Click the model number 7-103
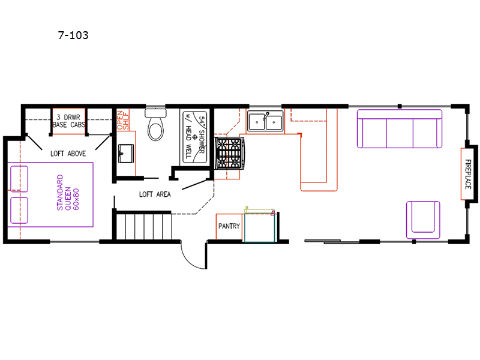(73, 35)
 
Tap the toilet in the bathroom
(155, 125)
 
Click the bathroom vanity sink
(126, 154)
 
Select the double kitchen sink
(265, 121)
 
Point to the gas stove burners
(229, 153)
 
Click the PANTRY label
(229, 226)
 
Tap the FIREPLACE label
(468, 174)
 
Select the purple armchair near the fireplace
(423, 220)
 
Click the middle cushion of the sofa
(400, 133)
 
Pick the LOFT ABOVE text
(68, 154)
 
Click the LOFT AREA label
(155, 194)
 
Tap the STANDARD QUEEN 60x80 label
(68, 192)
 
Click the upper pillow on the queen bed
(19, 179)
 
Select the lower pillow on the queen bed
(19, 211)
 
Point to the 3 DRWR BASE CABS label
(68, 121)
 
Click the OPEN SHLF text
(123, 120)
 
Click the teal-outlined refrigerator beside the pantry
(260, 228)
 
